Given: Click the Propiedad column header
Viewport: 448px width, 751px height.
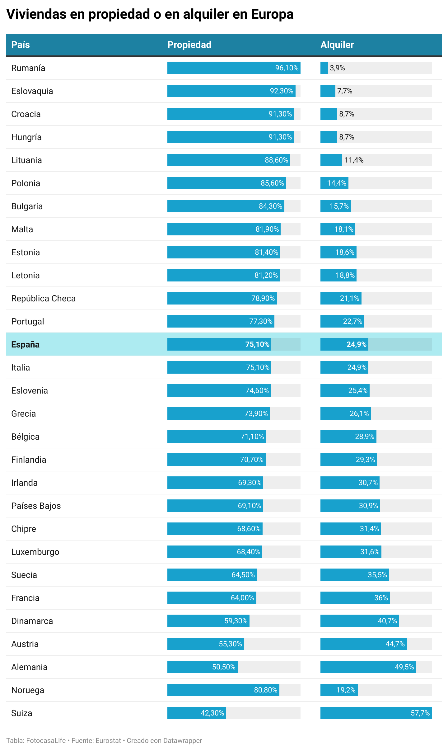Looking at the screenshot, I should (x=189, y=45).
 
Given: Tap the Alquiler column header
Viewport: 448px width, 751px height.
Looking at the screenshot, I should (x=337, y=45).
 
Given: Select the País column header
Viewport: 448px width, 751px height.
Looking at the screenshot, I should (x=21, y=45).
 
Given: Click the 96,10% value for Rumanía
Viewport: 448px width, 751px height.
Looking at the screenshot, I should (x=287, y=68).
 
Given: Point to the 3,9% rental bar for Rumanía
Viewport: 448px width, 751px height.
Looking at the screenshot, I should (x=324, y=68).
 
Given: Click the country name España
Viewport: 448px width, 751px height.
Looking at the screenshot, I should (x=25, y=344).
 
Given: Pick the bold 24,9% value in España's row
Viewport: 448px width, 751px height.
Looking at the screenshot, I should (x=356, y=344).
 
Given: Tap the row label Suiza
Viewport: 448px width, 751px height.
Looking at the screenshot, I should (x=21, y=713).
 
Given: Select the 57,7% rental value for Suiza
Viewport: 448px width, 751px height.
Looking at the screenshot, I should (x=420, y=713).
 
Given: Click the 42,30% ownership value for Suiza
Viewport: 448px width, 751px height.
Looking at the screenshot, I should (x=212, y=713).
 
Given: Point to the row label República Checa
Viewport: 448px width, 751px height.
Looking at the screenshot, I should (x=43, y=298).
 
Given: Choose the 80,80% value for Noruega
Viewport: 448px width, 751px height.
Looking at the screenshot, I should (x=265, y=690).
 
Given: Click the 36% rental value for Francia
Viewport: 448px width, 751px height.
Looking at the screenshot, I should (x=381, y=598).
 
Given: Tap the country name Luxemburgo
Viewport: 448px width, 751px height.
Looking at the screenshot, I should (x=35, y=552).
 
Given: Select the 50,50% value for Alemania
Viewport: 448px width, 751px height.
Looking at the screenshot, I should (x=224, y=667).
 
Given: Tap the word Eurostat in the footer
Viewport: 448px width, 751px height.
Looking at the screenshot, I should (x=108, y=740).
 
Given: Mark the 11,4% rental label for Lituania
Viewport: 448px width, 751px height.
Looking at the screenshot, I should (x=354, y=160).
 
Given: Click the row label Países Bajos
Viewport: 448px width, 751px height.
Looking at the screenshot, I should (x=36, y=506).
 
